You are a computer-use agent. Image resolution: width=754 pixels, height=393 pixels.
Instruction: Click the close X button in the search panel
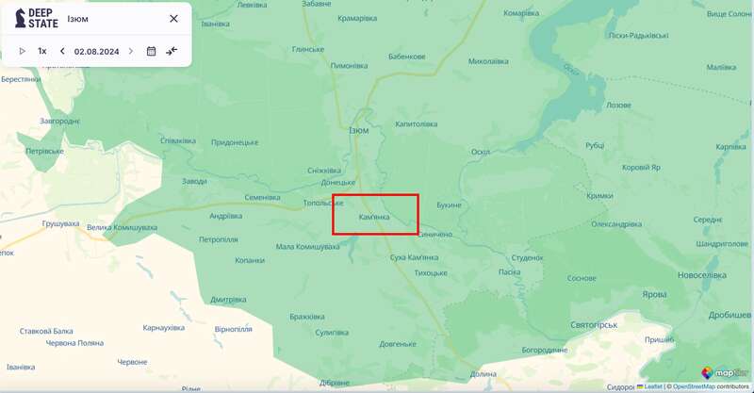point(173,19)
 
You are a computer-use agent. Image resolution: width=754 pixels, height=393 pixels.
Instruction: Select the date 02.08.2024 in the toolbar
point(96,51)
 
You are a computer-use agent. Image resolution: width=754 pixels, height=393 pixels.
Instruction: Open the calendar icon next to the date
point(151,51)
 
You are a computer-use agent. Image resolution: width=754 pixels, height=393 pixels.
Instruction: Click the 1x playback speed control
point(42,51)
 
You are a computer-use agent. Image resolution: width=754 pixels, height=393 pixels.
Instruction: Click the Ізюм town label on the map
point(359,130)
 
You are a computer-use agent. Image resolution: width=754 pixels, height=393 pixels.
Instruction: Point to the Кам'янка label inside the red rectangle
point(374,217)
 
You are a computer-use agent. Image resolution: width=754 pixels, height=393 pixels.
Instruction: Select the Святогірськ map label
point(594,324)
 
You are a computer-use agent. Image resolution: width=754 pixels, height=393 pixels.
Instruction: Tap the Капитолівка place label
point(417,123)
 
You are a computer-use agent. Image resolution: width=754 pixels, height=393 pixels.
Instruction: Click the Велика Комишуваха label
point(122,228)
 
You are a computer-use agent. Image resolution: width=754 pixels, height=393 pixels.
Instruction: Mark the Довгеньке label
point(399,344)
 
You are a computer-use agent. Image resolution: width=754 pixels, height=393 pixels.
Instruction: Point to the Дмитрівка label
point(228,300)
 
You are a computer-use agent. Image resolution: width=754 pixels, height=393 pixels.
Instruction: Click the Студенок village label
point(528,257)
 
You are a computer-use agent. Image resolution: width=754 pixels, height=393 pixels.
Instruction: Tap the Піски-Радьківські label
point(639,36)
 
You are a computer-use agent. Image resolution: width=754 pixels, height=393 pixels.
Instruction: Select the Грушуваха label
point(61,223)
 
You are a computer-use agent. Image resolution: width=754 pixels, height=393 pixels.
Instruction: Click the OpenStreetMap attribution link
point(697,386)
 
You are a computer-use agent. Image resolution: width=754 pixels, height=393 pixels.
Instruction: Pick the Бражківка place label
point(307,317)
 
